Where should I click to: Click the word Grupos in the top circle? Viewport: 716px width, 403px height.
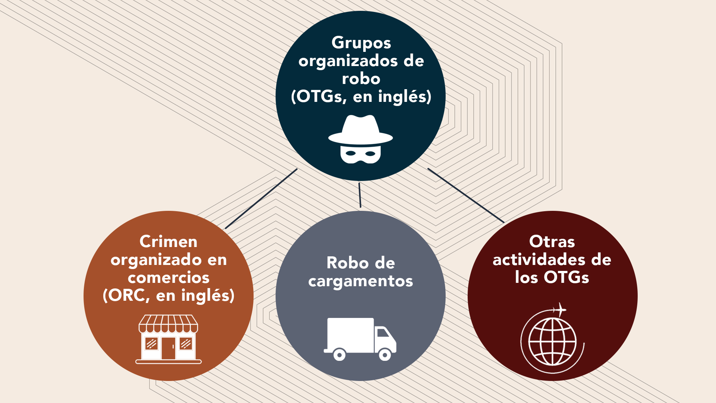click(x=361, y=43)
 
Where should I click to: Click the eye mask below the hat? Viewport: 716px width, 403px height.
click(x=361, y=154)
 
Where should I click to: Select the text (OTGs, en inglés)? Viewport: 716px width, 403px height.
click(x=361, y=97)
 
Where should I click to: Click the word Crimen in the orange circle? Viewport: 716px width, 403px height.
click(x=169, y=242)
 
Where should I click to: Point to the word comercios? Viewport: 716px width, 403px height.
click(x=169, y=278)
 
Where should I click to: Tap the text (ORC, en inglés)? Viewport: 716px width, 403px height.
click(x=169, y=296)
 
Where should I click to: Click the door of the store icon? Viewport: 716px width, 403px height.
click(x=168, y=348)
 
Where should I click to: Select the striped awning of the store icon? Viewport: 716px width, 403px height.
click(x=168, y=324)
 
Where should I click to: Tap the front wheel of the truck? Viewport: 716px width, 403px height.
click(x=385, y=354)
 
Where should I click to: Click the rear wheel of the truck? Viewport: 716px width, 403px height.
click(x=339, y=354)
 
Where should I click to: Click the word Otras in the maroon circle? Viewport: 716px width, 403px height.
click(x=552, y=242)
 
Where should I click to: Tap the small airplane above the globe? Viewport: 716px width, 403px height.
click(x=559, y=309)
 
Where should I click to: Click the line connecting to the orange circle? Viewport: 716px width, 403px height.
click(x=261, y=199)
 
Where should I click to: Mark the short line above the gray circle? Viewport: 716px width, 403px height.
click(x=360, y=195)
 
